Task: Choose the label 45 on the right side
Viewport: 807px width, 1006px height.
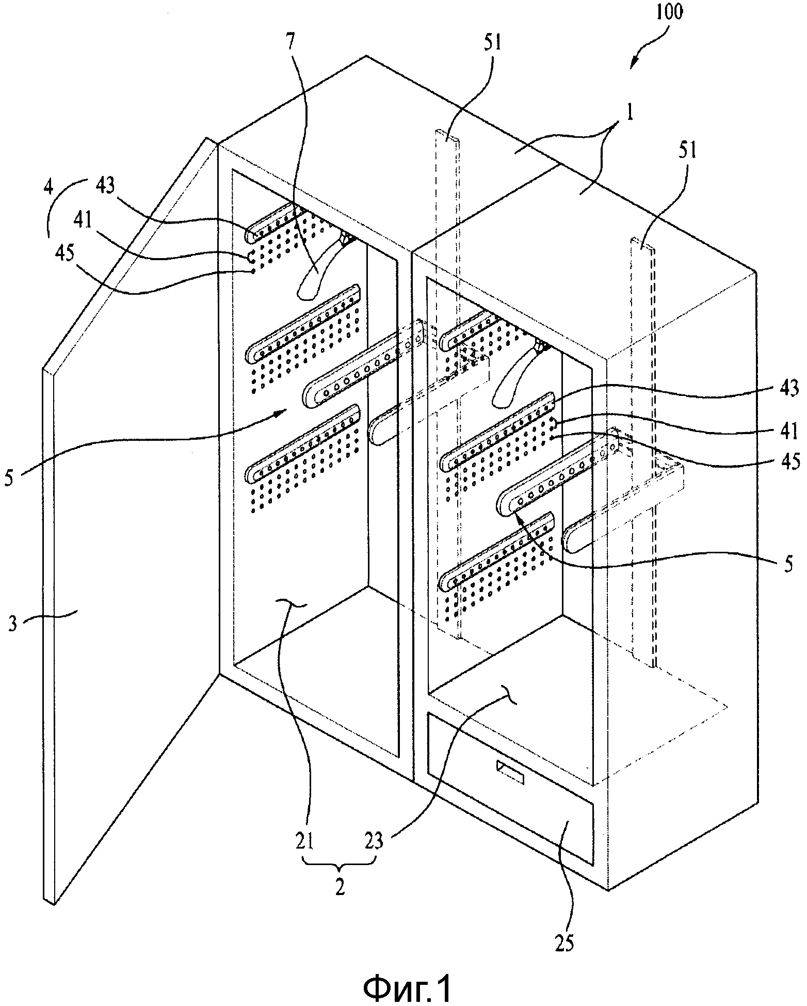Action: (789, 461)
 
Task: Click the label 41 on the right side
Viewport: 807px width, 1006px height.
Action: (789, 430)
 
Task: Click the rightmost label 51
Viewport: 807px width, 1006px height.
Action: (686, 151)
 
